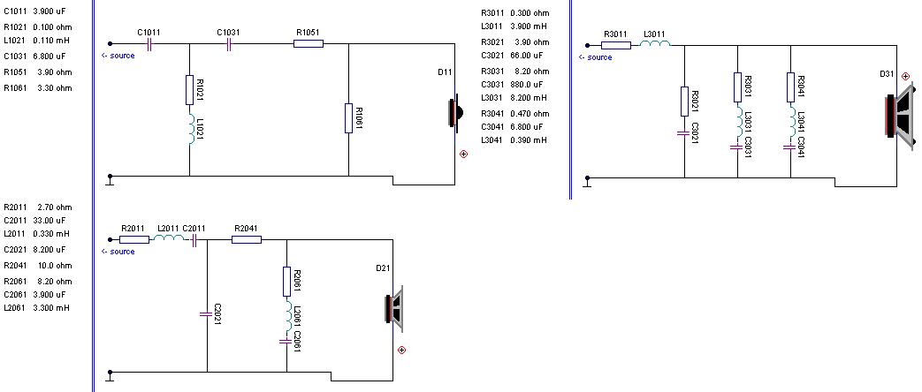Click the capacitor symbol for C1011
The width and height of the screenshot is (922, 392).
pyautogui.click(x=149, y=43)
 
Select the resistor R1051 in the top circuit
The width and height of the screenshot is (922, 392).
pyautogui.click(x=309, y=43)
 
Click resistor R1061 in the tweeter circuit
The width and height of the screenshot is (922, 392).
pyautogui.click(x=349, y=117)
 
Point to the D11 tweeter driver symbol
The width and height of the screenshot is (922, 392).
pyautogui.click(x=455, y=114)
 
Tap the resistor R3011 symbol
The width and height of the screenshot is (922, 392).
pyautogui.click(x=615, y=43)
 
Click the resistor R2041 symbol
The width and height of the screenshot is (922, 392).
pyautogui.click(x=247, y=239)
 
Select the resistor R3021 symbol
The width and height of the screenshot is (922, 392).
pyautogui.click(x=685, y=102)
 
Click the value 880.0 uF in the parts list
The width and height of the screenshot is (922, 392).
pyautogui.click(x=529, y=85)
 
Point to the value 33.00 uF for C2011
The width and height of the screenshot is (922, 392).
pyautogui.click(x=52, y=221)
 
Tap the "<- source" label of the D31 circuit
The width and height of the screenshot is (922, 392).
pyautogui.click(x=595, y=57)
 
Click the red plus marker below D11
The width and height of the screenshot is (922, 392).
pyautogui.click(x=463, y=154)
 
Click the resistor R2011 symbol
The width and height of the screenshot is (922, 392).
pyautogui.click(x=133, y=239)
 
